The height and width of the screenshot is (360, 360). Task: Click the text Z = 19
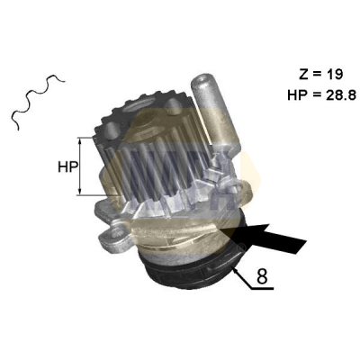click(x=320, y=75)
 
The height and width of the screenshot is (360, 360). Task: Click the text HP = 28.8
click(x=322, y=95)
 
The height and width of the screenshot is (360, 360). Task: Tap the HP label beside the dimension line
click(x=67, y=166)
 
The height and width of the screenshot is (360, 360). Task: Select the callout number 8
click(x=262, y=276)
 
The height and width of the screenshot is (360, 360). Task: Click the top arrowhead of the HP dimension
click(x=79, y=141)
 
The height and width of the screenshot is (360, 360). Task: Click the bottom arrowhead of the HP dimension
click(x=79, y=191)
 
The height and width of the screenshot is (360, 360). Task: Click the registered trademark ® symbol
click(x=242, y=248)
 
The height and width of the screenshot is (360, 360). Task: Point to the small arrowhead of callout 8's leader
click(x=235, y=271)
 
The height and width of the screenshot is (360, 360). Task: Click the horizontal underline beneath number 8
click(x=262, y=289)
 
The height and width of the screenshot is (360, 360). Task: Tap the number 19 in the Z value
click(x=335, y=75)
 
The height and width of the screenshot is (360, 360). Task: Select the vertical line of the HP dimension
click(x=79, y=166)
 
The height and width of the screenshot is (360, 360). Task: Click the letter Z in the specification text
click(x=303, y=75)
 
